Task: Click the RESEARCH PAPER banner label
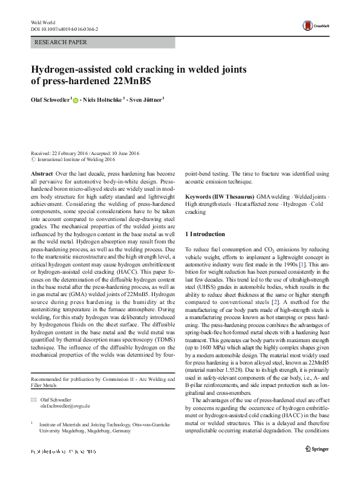coord(61,42)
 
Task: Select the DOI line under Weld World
coord(65,28)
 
